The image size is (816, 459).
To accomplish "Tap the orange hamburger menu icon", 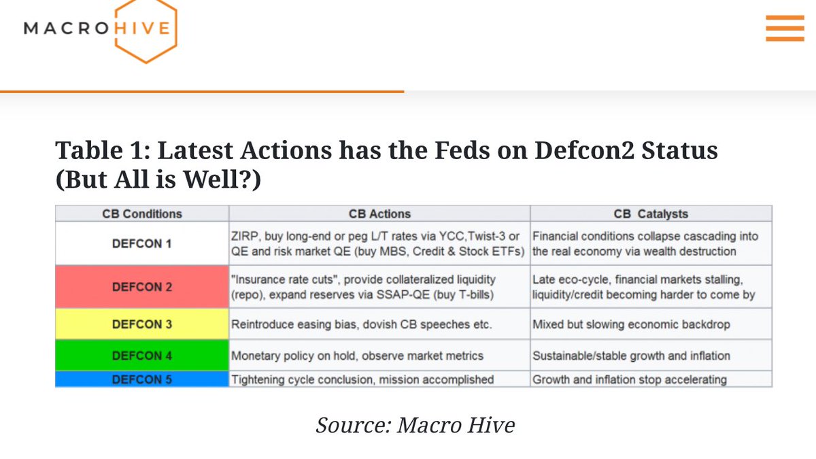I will [785, 28].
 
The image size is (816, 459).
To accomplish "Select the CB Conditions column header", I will [141, 214].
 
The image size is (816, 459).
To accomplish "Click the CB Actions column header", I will [379, 214].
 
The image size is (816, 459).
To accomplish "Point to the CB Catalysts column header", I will [651, 214].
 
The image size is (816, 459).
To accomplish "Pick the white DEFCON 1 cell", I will [141, 243].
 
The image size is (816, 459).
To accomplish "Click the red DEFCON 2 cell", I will [141, 287].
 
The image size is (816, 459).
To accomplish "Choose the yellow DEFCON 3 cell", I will [141, 324].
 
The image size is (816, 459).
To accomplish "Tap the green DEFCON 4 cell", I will [141, 356].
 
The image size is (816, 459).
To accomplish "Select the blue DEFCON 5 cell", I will [141, 379].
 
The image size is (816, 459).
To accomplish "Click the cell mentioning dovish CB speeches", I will [379, 324].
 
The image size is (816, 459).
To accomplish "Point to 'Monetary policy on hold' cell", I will [379, 356].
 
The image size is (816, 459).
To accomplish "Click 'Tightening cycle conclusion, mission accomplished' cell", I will [379, 379].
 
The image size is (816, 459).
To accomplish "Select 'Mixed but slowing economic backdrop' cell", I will [651, 324].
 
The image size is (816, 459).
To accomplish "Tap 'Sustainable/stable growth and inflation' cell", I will [651, 356].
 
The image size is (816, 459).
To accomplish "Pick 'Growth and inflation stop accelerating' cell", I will [651, 379].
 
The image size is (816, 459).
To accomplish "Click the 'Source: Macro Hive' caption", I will [415, 425].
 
